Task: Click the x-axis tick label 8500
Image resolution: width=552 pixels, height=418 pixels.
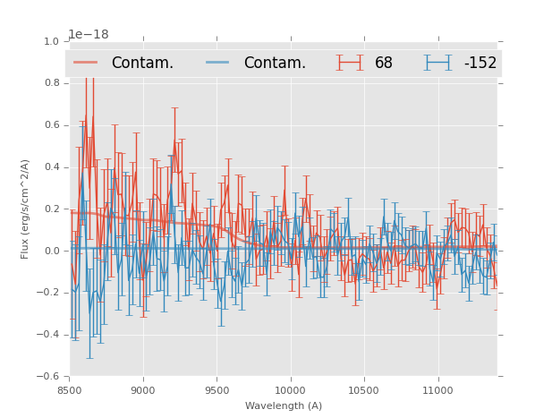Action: [x=70, y=389]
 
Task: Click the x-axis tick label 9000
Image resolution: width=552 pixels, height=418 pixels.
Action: [x=143, y=389]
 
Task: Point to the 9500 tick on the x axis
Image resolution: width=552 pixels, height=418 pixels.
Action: [x=217, y=389]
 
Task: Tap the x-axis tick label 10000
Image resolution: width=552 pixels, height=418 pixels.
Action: [x=290, y=389]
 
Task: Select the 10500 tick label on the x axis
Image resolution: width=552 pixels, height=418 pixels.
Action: [x=364, y=389]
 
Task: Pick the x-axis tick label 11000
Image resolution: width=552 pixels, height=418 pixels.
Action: [x=437, y=389]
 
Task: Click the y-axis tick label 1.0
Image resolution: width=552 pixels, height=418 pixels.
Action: [x=51, y=41]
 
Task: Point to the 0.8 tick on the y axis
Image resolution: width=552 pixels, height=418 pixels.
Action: [x=51, y=83]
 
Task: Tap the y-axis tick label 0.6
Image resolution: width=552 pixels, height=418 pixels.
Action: [x=51, y=125]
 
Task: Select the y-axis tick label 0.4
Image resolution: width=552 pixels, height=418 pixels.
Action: [x=51, y=167]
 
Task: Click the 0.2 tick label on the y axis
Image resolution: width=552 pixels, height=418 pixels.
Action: [x=51, y=209]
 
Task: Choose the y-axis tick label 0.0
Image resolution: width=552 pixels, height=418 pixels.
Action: [x=51, y=252]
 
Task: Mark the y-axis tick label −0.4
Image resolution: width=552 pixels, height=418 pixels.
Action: [x=48, y=335]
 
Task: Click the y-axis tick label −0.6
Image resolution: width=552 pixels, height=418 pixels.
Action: [x=48, y=377]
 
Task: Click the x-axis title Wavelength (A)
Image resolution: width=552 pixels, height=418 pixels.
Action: [x=284, y=405]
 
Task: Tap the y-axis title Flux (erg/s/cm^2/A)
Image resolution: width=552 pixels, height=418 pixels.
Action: [x=26, y=209]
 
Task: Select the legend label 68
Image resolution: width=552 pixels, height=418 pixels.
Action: [x=384, y=63]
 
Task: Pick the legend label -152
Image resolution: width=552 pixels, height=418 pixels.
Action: [x=480, y=63]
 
